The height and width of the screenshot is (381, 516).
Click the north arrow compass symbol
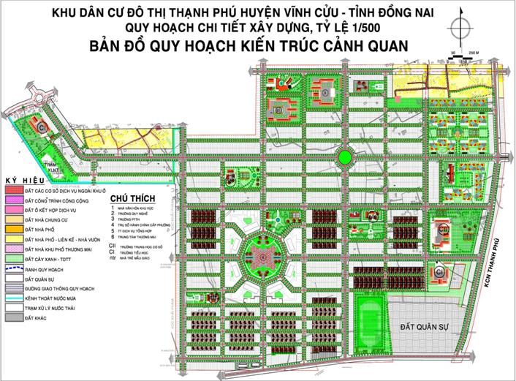click(x=460, y=29)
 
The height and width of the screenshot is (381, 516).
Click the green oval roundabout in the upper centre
click(x=343, y=156)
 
